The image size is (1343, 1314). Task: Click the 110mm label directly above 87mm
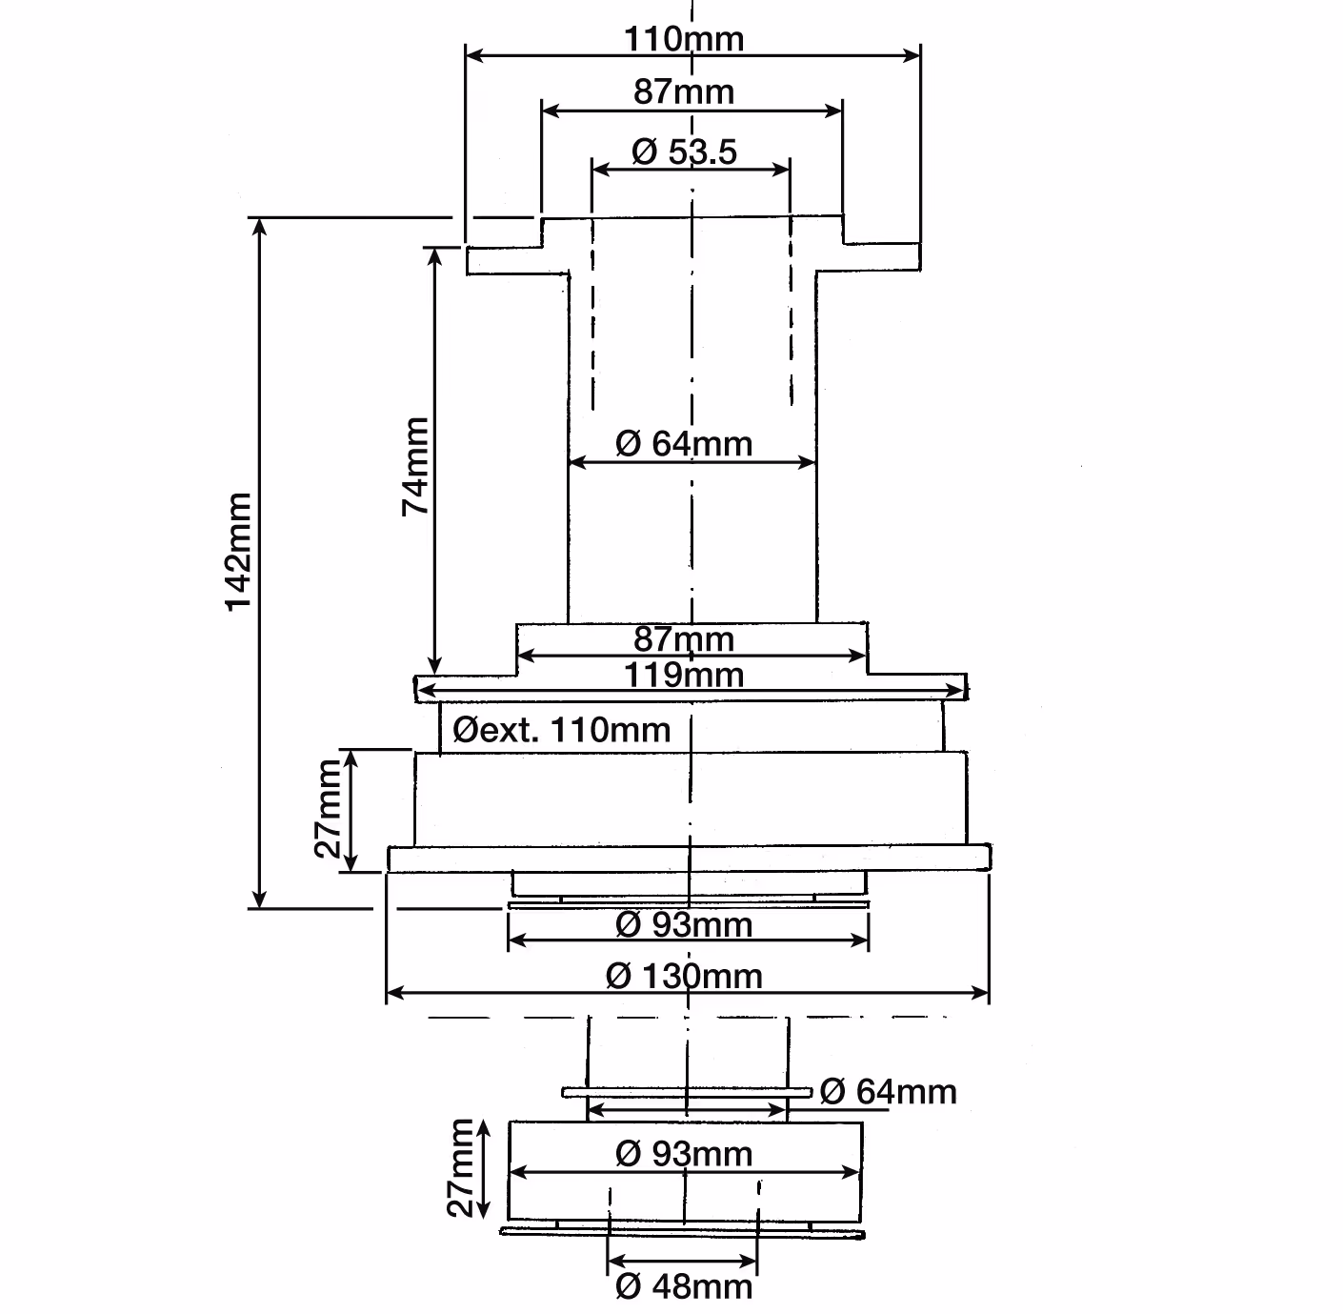tap(684, 39)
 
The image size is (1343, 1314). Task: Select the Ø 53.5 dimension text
tap(684, 152)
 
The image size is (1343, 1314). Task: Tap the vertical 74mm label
tap(415, 466)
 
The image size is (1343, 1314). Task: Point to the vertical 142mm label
tap(239, 552)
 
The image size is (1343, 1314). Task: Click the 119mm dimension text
tap(684, 675)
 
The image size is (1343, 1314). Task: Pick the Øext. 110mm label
tap(562, 730)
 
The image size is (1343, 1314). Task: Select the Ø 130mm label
tap(684, 977)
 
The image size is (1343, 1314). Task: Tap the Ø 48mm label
tap(683, 1286)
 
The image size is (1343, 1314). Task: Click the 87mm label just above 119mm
tap(684, 639)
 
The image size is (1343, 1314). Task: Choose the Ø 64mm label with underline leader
tap(889, 1092)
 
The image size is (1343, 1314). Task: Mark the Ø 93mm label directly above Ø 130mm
tap(683, 925)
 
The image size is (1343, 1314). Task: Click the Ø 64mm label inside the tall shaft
tap(683, 443)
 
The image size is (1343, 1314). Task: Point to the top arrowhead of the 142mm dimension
tap(259, 227)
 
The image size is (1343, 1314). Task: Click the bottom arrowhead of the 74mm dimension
tap(434, 666)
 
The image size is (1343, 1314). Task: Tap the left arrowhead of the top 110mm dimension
tap(475, 56)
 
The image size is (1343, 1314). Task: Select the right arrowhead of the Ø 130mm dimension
tap(980, 994)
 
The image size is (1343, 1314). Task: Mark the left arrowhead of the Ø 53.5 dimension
tap(602, 170)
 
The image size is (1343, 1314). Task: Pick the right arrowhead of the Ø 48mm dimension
tap(748, 1262)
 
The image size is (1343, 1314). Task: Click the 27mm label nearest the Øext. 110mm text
tap(328, 809)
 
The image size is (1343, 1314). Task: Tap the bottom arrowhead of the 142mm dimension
tap(259, 900)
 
